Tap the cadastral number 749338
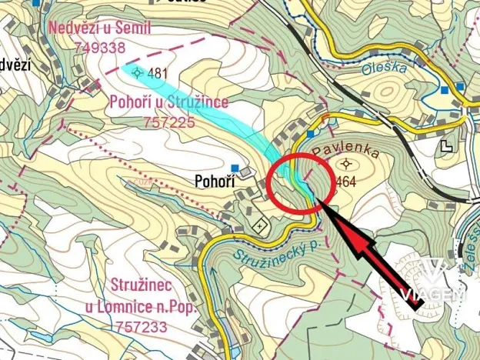[100, 47]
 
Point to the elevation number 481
[158, 74]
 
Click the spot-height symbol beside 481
[138, 73]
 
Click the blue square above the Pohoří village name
[235, 168]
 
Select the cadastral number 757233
[144, 325]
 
